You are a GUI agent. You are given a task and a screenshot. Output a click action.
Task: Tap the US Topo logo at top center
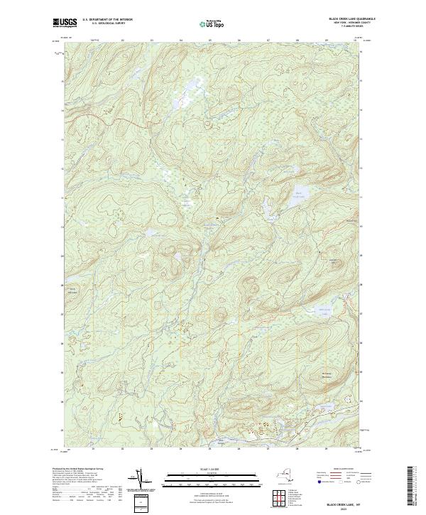pos(213,23)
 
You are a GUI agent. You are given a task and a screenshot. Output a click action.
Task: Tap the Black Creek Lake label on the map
pos(299,194)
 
